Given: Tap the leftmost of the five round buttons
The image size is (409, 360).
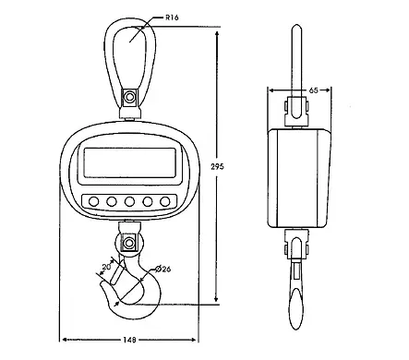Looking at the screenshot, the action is (x=90, y=202).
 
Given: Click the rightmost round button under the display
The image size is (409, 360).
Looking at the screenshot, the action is (x=165, y=202).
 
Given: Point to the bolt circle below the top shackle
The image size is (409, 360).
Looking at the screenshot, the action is (x=128, y=95).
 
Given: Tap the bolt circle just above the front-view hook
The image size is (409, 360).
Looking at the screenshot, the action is (x=128, y=244).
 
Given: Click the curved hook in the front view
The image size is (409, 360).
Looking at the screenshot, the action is (x=138, y=286).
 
